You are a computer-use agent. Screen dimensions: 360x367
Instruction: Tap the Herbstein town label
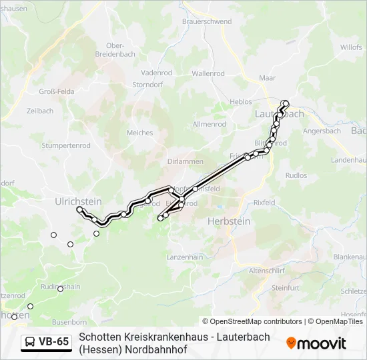(x=228, y=221)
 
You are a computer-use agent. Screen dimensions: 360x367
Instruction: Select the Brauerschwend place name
(x=206, y=21)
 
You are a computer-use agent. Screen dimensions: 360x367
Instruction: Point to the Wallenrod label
(x=208, y=73)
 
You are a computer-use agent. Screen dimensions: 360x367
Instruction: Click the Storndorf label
(x=147, y=85)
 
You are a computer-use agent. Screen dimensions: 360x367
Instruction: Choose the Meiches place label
(x=139, y=133)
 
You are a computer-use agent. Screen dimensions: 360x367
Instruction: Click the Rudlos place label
(x=296, y=175)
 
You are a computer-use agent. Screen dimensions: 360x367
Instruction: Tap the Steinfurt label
(x=286, y=287)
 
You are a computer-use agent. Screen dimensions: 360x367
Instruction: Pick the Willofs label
(x=351, y=47)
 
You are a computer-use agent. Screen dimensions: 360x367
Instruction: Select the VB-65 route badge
(x=46, y=342)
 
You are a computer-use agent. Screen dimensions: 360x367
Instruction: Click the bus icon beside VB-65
(x=31, y=342)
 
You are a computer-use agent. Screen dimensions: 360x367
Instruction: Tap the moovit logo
(x=316, y=343)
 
